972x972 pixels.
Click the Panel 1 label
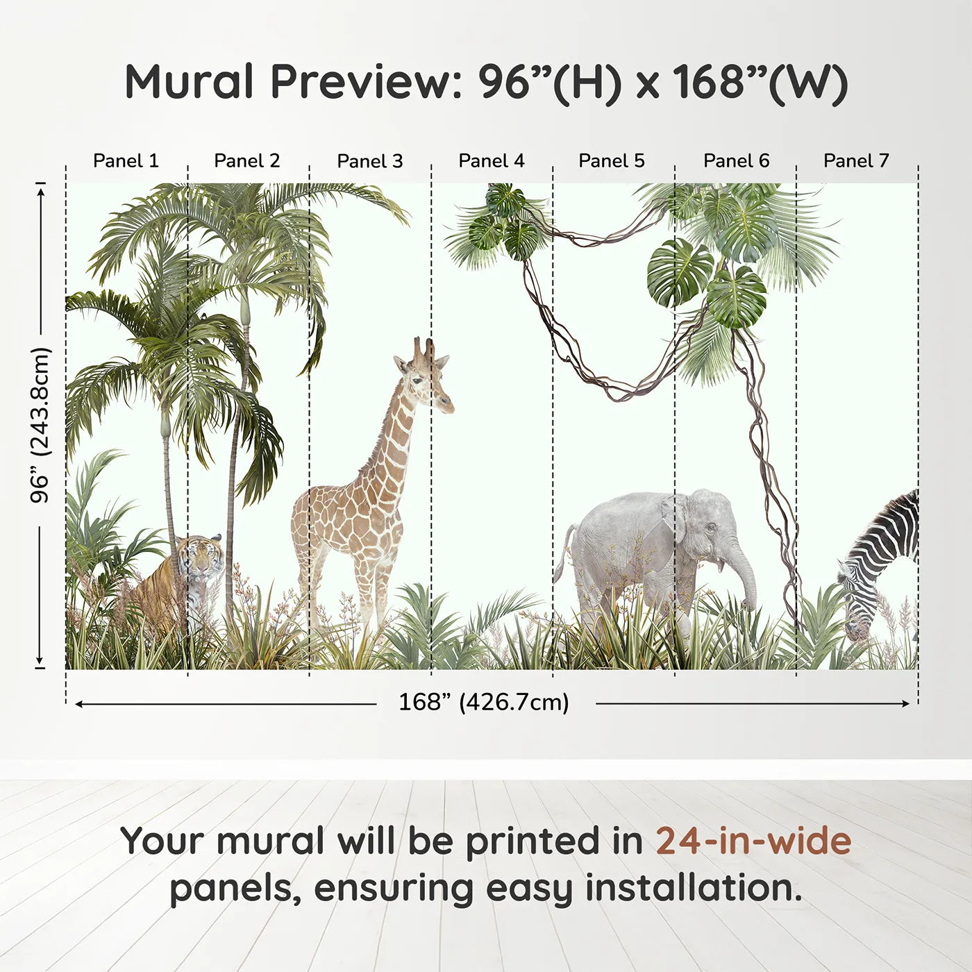[x=126, y=161]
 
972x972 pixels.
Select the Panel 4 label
[x=492, y=161]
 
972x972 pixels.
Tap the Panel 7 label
[x=856, y=161]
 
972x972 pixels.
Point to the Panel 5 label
[x=612, y=161]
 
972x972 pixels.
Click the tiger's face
[x=203, y=557]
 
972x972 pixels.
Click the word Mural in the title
[x=189, y=81]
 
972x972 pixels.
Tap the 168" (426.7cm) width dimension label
[x=484, y=702]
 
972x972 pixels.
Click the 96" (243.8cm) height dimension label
[x=40, y=425]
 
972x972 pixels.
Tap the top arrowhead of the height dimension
[x=42, y=189]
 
